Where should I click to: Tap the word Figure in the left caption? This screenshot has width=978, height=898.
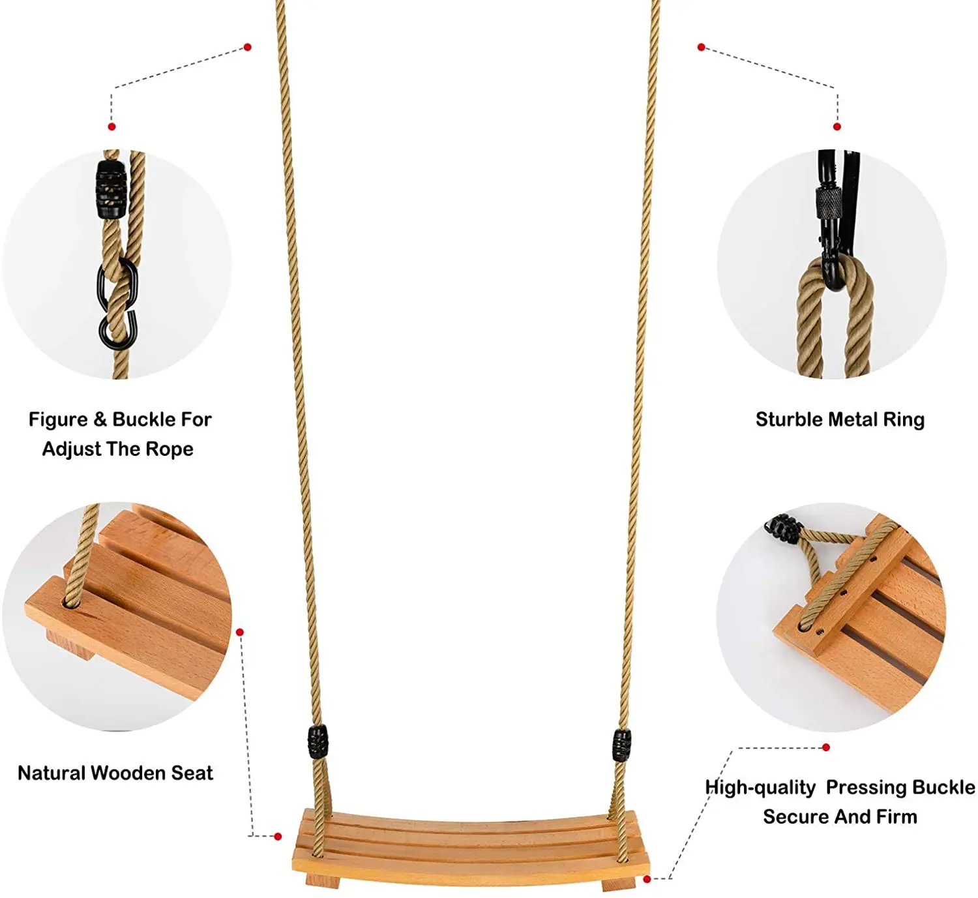[58, 419]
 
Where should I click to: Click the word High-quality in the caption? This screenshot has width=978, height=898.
[760, 788]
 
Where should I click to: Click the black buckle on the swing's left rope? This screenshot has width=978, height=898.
[318, 742]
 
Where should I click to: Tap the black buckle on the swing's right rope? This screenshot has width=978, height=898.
[621, 745]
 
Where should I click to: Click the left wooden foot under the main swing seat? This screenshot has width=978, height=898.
[323, 882]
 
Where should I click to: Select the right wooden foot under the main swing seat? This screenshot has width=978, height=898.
[617, 883]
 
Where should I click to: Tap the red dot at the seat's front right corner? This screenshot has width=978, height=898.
[647, 879]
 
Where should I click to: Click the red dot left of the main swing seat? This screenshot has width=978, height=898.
[278, 836]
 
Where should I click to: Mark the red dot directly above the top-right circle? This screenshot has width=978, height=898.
[837, 127]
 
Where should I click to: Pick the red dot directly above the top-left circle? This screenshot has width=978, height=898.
[112, 127]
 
